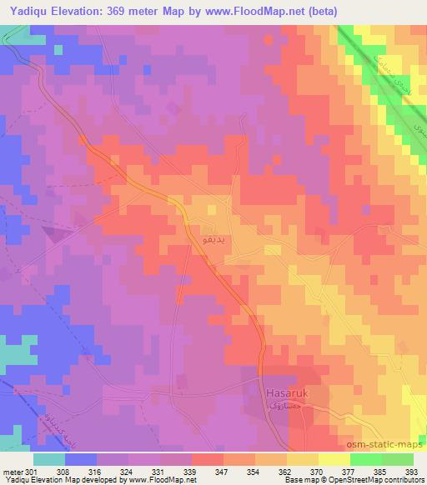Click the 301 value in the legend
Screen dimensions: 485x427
coord(31,471)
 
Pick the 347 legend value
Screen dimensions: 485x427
coord(221,471)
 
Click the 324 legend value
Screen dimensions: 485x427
coord(126,471)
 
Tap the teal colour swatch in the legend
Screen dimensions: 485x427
coord(49,459)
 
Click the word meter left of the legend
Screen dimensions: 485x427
coord(12,471)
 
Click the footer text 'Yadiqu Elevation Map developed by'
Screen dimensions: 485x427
coord(58,480)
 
